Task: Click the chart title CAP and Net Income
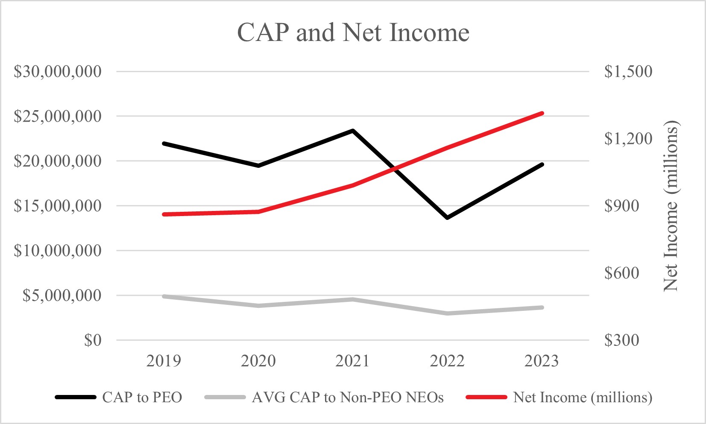(353, 32)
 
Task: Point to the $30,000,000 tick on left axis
(58, 71)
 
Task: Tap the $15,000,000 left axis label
(58, 206)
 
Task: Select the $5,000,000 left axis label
(62, 295)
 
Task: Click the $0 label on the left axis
(93, 340)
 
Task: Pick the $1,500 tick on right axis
(628, 71)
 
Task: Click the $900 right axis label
(621, 206)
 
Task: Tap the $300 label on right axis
(621, 340)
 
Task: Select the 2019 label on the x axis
(164, 361)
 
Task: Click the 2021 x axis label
(352, 361)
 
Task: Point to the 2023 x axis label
(541, 361)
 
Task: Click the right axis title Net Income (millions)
(671, 206)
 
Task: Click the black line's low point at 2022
(447, 218)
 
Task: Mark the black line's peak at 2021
(353, 130)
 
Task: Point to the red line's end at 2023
(542, 113)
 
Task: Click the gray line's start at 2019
(164, 296)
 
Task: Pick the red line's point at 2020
(258, 211)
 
